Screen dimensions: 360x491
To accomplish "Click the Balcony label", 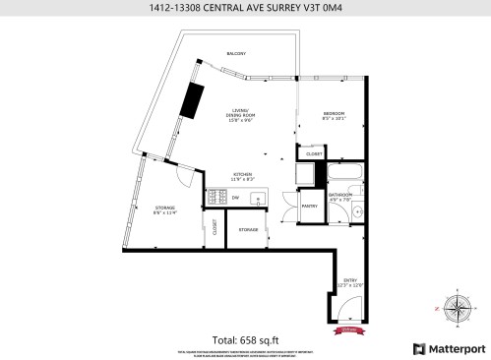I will (x=236, y=53).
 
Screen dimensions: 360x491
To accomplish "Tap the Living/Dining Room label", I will (x=242, y=114).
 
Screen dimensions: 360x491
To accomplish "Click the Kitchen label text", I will (x=243, y=177).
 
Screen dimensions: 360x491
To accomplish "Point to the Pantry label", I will (x=309, y=206).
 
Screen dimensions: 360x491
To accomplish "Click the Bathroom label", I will (x=342, y=198).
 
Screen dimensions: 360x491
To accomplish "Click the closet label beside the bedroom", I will (x=314, y=153).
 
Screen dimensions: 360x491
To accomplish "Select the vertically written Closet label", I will (x=215, y=228).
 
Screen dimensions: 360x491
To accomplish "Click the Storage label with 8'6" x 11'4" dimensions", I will (x=164, y=210).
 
